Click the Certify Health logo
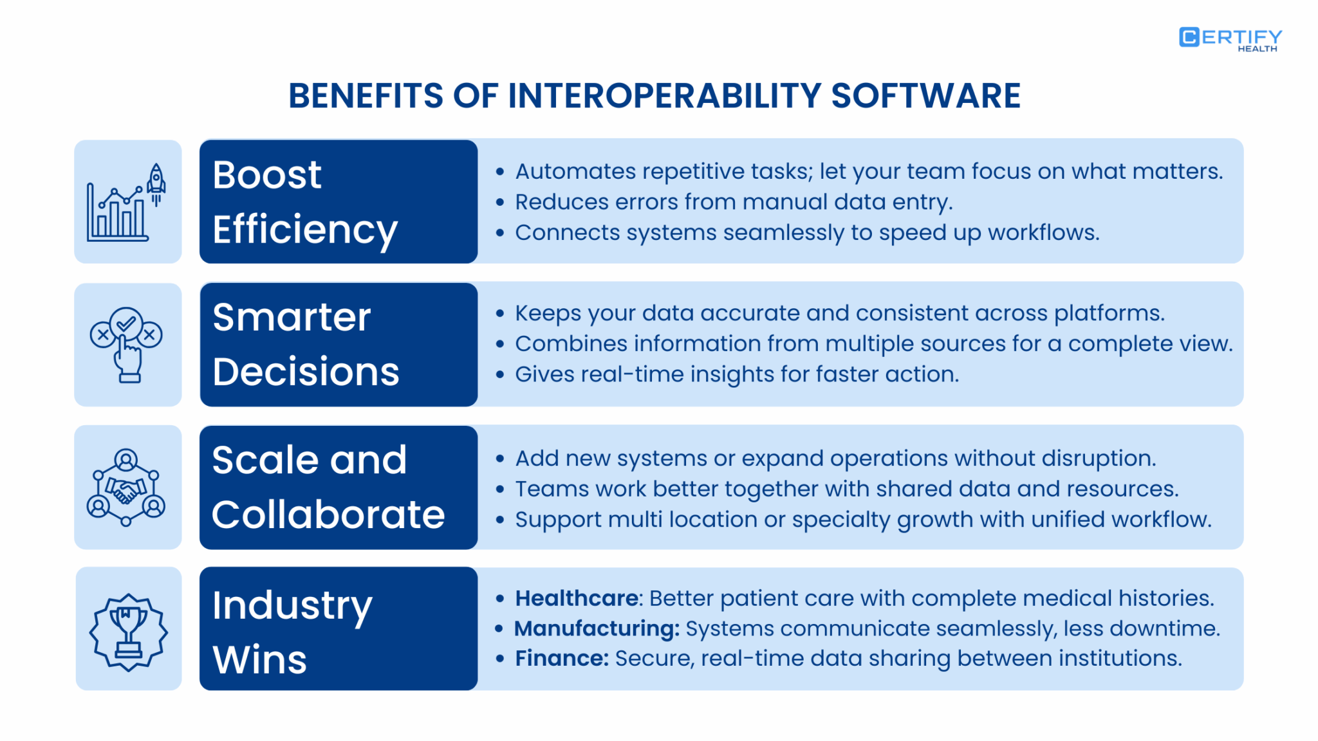coord(1230,39)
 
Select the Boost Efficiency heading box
coord(339,201)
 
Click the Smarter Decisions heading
coord(306,344)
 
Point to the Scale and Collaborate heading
coord(328,487)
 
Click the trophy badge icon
coord(128,631)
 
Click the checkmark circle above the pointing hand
coord(126,323)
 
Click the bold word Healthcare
coord(577,598)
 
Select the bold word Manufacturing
coord(596,628)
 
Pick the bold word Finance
coord(561,659)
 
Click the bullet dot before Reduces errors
coord(500,202)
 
